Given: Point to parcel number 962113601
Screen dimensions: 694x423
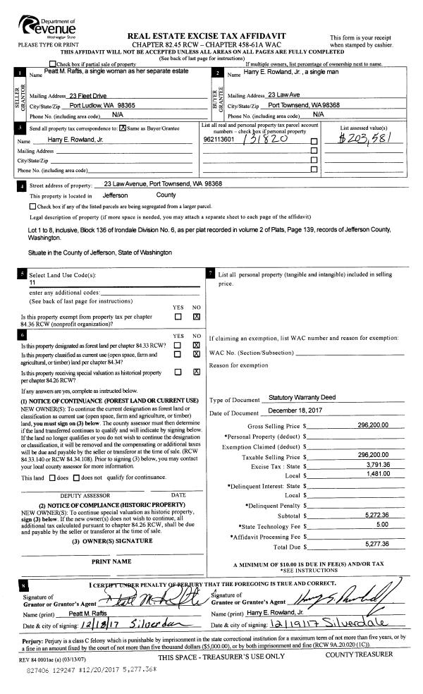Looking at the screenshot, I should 218,140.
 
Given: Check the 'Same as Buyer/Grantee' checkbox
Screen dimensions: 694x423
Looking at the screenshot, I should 123,128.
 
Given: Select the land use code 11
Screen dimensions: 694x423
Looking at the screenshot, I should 32,282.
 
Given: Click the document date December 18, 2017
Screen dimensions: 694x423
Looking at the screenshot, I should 295,412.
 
